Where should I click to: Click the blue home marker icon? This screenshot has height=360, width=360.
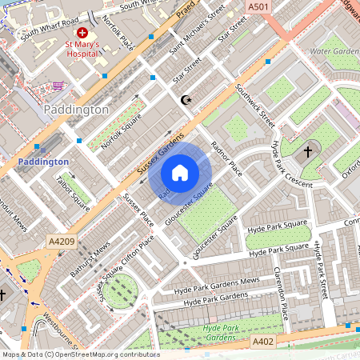(x=180, y=172)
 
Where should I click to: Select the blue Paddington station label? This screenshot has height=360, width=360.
(x=43, y=162)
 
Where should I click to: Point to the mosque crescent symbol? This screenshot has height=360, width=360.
(x=187, y=100)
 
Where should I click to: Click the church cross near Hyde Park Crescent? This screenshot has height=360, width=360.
(x=309, y=151)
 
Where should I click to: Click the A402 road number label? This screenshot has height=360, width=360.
(x=264, y=342)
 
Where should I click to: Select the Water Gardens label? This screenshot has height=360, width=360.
(x=334, y=51)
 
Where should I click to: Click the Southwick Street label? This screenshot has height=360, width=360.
(x=255, y=107)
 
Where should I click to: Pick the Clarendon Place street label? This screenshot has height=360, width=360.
(x=281, y=289)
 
